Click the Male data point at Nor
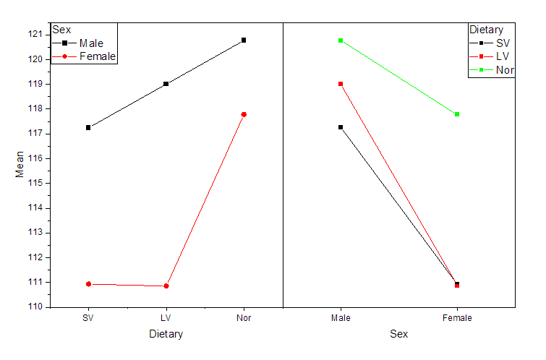(x=244, y=40)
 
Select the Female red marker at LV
(x=166, y=286)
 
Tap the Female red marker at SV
(x=88, y=284)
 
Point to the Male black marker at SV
(x=88, y=127)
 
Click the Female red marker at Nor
(x=244, y=114)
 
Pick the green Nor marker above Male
(x=341, y=40)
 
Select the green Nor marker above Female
(x=457, y=114)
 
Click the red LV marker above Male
(x=341, y=84)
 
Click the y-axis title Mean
(x=20, y=164)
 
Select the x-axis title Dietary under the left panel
(x=166, y=334)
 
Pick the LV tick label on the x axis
(x=166, y=318)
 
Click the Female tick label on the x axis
(x=457, y=318)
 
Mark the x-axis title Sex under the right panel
(x=398, y=334)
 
